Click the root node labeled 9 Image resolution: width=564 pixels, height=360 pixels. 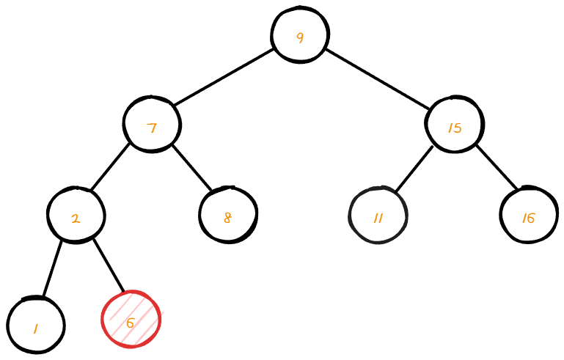[x=299, y=35]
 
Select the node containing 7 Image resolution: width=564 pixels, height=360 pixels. [x=152, y=125]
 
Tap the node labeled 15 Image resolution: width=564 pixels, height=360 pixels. [x=454, y=125]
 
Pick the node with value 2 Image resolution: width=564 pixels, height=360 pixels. [x=76, y=216]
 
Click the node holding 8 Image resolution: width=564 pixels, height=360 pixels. [x=228, y=216]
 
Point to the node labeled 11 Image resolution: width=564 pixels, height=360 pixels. [x=378, y=216]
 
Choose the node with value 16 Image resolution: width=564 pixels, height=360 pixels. [x=528, y=216]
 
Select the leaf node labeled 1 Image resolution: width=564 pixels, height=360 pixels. [x=36, y=325]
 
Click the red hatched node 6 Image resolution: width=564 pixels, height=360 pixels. [x=131, y=320]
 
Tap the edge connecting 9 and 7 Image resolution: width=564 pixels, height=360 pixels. [x=224, y=78]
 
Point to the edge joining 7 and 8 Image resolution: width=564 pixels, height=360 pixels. [x=191, y=168]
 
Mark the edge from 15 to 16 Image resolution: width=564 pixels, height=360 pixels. [x=497, y=167]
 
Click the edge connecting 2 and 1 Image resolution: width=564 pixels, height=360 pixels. [x=52, y=268]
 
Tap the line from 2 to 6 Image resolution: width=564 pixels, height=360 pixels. [x=109, y=265]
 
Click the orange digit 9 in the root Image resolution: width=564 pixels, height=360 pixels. [x=299, y=37]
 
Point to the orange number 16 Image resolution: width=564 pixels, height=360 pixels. [x=528, y=218]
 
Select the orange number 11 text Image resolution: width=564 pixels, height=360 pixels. [x=378, y=218]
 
